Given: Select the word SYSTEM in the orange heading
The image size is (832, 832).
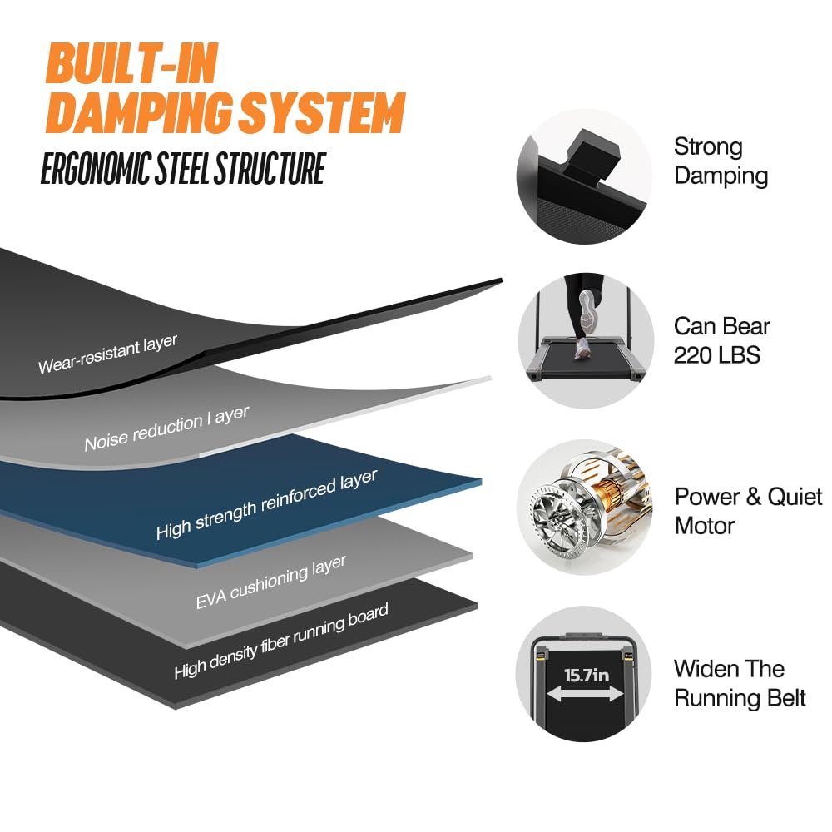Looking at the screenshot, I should pos(325,113).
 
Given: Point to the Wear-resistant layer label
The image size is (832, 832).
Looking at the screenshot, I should pos(107,354).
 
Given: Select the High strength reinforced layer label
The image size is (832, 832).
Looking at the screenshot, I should pos(266,504).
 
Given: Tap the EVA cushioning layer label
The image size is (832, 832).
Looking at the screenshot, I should pos(270,582).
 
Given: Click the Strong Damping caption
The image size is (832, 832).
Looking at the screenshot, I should pos(721,161).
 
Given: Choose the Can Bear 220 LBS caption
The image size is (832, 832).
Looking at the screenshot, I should pos(722,340).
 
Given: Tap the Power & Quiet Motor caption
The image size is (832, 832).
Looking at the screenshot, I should pos(747,511).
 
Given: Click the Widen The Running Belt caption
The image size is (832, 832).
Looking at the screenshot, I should pos(740,683).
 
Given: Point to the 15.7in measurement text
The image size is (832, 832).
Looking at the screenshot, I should pos(587,674).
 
